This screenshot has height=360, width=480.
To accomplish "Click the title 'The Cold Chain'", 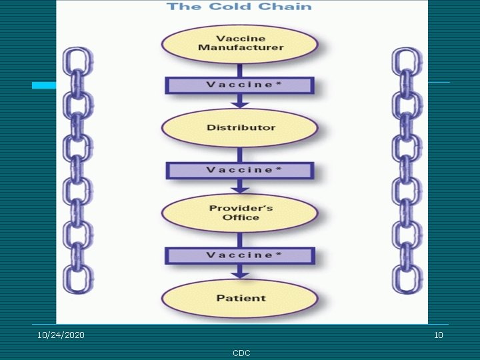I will coord(239,7).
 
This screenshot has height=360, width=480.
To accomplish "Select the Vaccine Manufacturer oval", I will coord(240,43).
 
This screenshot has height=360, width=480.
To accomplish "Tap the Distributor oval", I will coord(240,127).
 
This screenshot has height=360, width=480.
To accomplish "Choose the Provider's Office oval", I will coord(240,213).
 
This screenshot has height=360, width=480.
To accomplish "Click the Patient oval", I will coord(240,298).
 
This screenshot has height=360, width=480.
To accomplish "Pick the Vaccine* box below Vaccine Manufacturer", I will coord(240,85).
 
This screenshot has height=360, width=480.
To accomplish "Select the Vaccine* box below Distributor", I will coord(240,170).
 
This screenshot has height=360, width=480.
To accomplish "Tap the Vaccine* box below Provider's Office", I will coord(240,255).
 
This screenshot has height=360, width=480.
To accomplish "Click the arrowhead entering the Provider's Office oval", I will coord(240,189).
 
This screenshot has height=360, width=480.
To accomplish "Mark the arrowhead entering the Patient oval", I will coord(240,274).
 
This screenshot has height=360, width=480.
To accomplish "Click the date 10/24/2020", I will coord(61,335).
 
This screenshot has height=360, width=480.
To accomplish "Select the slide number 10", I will coord(438,335).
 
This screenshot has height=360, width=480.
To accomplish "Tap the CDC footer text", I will coord(241,353).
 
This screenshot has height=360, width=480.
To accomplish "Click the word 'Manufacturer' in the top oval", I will coord(241,48).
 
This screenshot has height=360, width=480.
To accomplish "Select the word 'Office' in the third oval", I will coord(240,218).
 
